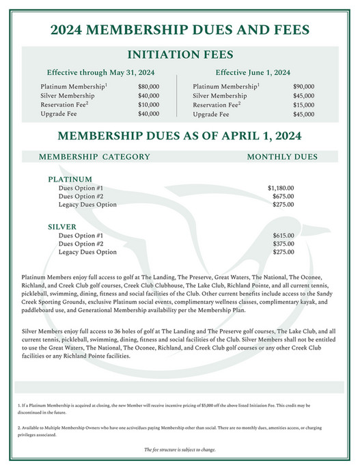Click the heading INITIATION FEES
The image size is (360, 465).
[x=180, y=55]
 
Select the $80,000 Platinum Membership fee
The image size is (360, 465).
[x=148, y=87]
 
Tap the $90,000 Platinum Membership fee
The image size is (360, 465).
[x=303, y=87]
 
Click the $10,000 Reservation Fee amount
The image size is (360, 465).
[x=148, y=105]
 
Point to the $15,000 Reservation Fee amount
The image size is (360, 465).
[x=303, y=105]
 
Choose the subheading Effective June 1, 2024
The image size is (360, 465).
[x=253, y=72]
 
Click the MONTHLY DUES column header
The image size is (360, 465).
[x=282, y=156]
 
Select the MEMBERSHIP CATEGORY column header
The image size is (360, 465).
[x=94, y=156]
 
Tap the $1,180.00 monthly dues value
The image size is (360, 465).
[x=281, y=186]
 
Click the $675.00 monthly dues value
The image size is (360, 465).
[x=283, y=195]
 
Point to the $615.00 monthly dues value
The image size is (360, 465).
[x=283, y=234]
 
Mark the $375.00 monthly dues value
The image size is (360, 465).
[x=283, y=243]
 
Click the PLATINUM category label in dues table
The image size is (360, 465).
[x=70, y=178]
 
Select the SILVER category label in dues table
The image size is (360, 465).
[x=61, y=226]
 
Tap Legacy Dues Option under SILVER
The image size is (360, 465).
[x=87, y=252]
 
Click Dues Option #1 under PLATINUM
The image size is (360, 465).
[x=81, y=186]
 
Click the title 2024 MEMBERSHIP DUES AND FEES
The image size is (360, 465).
[x=180, y=30]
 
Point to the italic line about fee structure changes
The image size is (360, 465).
[x=180, y=449]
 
